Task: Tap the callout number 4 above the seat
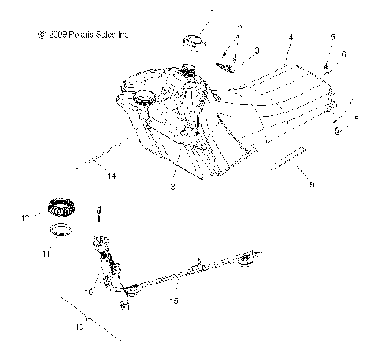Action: [291, 37]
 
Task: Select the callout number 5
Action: [332, 37]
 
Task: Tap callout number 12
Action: [25, 217]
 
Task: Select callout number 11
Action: [46, 254]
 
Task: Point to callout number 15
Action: [175, 300]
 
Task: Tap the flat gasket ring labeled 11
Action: [62, 231]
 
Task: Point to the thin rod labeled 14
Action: [102, 158]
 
